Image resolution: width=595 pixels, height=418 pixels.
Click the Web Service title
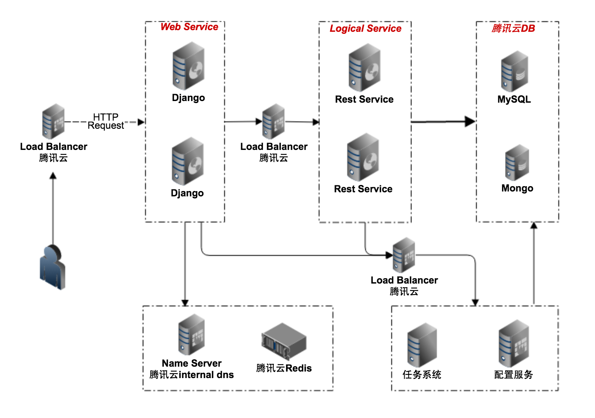point(189,27)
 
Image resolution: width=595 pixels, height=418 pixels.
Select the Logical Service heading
point(365,29)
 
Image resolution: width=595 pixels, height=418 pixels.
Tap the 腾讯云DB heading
point(513,29)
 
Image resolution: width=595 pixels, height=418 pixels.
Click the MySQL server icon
point(514,71)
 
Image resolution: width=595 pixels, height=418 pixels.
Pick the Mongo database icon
point(517,163)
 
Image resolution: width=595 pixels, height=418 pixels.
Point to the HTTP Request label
point(106,121)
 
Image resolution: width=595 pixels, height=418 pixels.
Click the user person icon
point(53,267)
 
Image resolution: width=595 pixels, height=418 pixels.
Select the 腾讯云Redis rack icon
point(284,341)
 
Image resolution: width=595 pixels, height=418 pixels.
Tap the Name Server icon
point(191,334)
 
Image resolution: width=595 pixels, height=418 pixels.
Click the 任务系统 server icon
point(422,345)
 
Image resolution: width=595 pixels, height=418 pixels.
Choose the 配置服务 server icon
point(513,343)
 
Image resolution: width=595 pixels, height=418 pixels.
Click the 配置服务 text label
point(513,374)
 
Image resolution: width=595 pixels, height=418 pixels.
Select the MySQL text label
point(514,99)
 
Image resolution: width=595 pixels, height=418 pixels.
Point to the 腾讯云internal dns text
point(192,375)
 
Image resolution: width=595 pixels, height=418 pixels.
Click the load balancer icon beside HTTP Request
point(53,121)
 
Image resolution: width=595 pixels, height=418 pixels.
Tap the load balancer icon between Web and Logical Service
point(273,121)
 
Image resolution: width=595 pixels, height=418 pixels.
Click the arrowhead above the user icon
point(53,176)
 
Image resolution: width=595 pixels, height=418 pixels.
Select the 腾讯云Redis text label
point(284,368)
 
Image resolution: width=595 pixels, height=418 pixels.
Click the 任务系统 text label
point(422,374)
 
